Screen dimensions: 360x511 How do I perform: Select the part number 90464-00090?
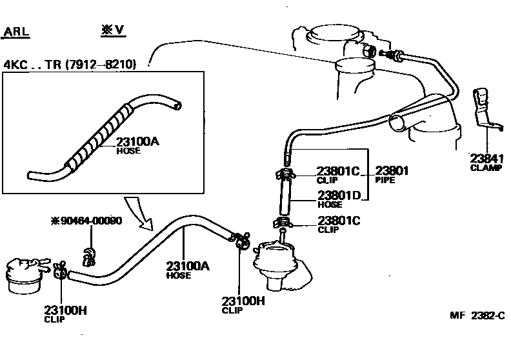point(90,221)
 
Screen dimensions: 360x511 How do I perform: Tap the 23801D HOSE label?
point(338,197)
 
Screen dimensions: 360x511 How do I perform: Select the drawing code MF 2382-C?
point(476,315)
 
